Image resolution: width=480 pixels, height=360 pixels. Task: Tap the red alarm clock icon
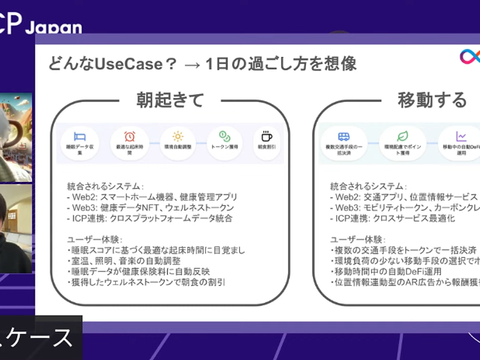coord(129,136)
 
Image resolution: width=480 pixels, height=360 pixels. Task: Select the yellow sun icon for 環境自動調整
coord(178,136)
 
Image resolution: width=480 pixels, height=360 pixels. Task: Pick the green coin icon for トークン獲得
coord(224,136)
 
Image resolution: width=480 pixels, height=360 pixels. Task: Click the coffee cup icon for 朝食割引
coord(267,136)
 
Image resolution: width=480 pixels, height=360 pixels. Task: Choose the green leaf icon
coord(402,136)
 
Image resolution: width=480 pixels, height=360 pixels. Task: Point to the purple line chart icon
coord(461,136)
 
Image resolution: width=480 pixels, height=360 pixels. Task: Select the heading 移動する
coord(431,100)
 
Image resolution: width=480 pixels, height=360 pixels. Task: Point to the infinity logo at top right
coord(470,56)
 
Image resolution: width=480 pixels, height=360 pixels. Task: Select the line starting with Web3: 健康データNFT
coord(150,208)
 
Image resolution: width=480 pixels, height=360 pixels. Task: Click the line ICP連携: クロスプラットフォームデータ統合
coord(149,218)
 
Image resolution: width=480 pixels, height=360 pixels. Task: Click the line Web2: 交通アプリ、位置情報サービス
coord(404,197)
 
